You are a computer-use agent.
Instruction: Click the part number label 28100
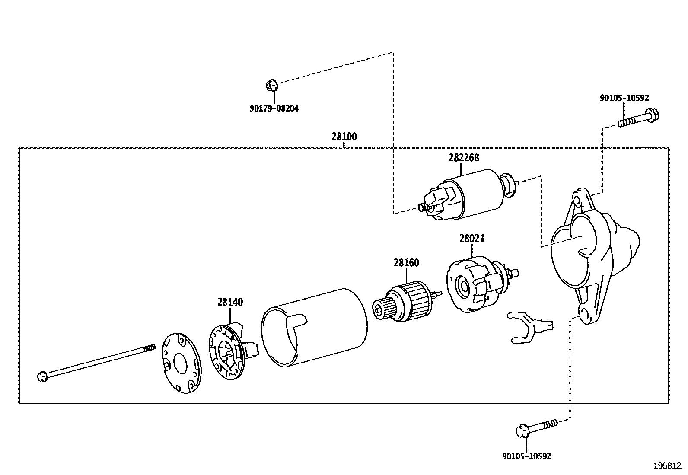click(x=344, y=137)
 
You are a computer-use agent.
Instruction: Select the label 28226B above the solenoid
click(x=464, y=158)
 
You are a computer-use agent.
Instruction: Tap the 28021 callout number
click(x=471, y=239)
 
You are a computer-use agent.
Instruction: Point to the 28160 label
click(x=406, y=263)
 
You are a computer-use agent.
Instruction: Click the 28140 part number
click(x=230, y=302)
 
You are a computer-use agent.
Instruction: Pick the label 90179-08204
click(x=274, y=108)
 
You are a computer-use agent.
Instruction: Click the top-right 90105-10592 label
click(x=624, y=98)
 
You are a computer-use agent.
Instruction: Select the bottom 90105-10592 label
click(x=526, y=456)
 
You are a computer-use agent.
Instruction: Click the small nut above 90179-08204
click(x=271, y=85)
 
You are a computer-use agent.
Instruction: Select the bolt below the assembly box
click(x=536, y=427)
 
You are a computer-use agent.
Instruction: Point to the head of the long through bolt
click(x=42, y=376)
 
